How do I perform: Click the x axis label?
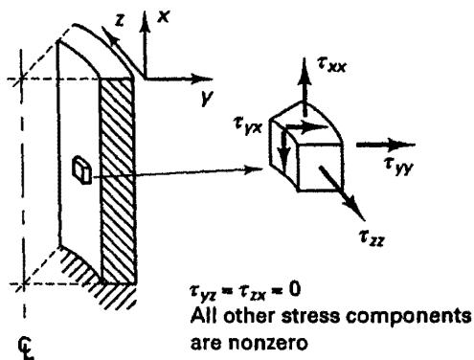pos(163,16)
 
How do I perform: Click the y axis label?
pos(207,98)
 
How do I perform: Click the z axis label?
pos(120,20)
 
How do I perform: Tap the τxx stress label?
pos(331,65)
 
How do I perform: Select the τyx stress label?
pos(248,125)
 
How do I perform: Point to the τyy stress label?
pos(398,166)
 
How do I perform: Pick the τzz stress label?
pos(372,237)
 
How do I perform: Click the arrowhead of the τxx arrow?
pos(305,70)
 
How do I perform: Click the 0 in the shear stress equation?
pos(295,290)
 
